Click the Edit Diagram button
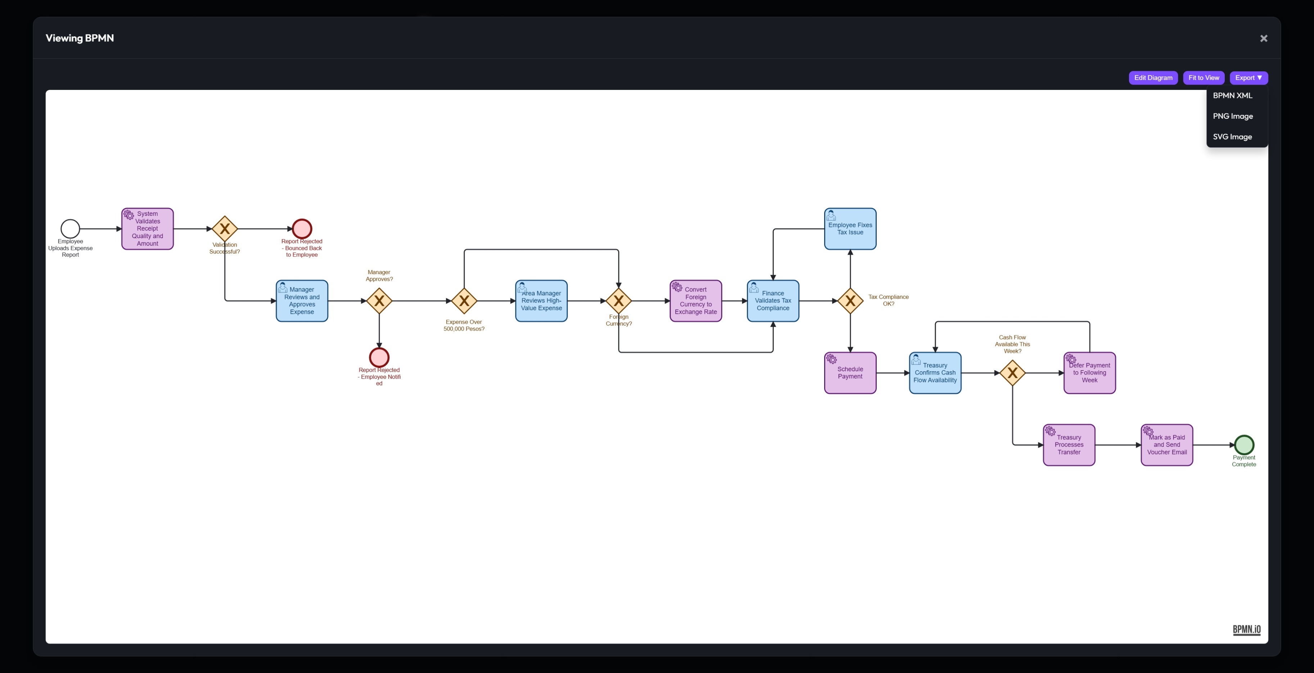click(x=1153, y=77)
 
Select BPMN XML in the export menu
click(x=1232, y=95)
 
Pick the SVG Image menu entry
click(x=1232, y=137)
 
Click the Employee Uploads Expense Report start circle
click(x=71, y=229)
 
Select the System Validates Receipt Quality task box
click(x=148, y=229)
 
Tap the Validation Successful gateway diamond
click(x=225, y=229)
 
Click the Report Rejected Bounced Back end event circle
click(x=302, y=229)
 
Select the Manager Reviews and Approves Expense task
click(x=302, y=301)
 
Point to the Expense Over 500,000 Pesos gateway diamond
click(x=464, y=301)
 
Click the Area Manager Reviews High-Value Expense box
click(x=541, y=301)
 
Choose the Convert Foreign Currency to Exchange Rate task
click(x=695, y=301)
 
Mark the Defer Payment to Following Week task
click(x=1089, y=373)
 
